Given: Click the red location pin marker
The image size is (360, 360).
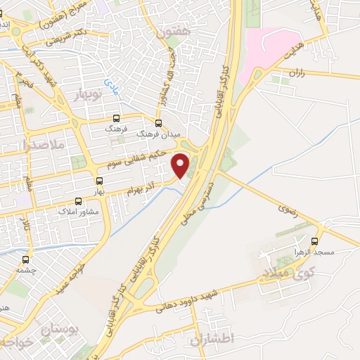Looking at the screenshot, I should [x=181, y=166].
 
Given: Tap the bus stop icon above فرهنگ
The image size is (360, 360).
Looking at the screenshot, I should [x=116, y=119].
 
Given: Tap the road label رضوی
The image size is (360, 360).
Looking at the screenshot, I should [x=287, y=209].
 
